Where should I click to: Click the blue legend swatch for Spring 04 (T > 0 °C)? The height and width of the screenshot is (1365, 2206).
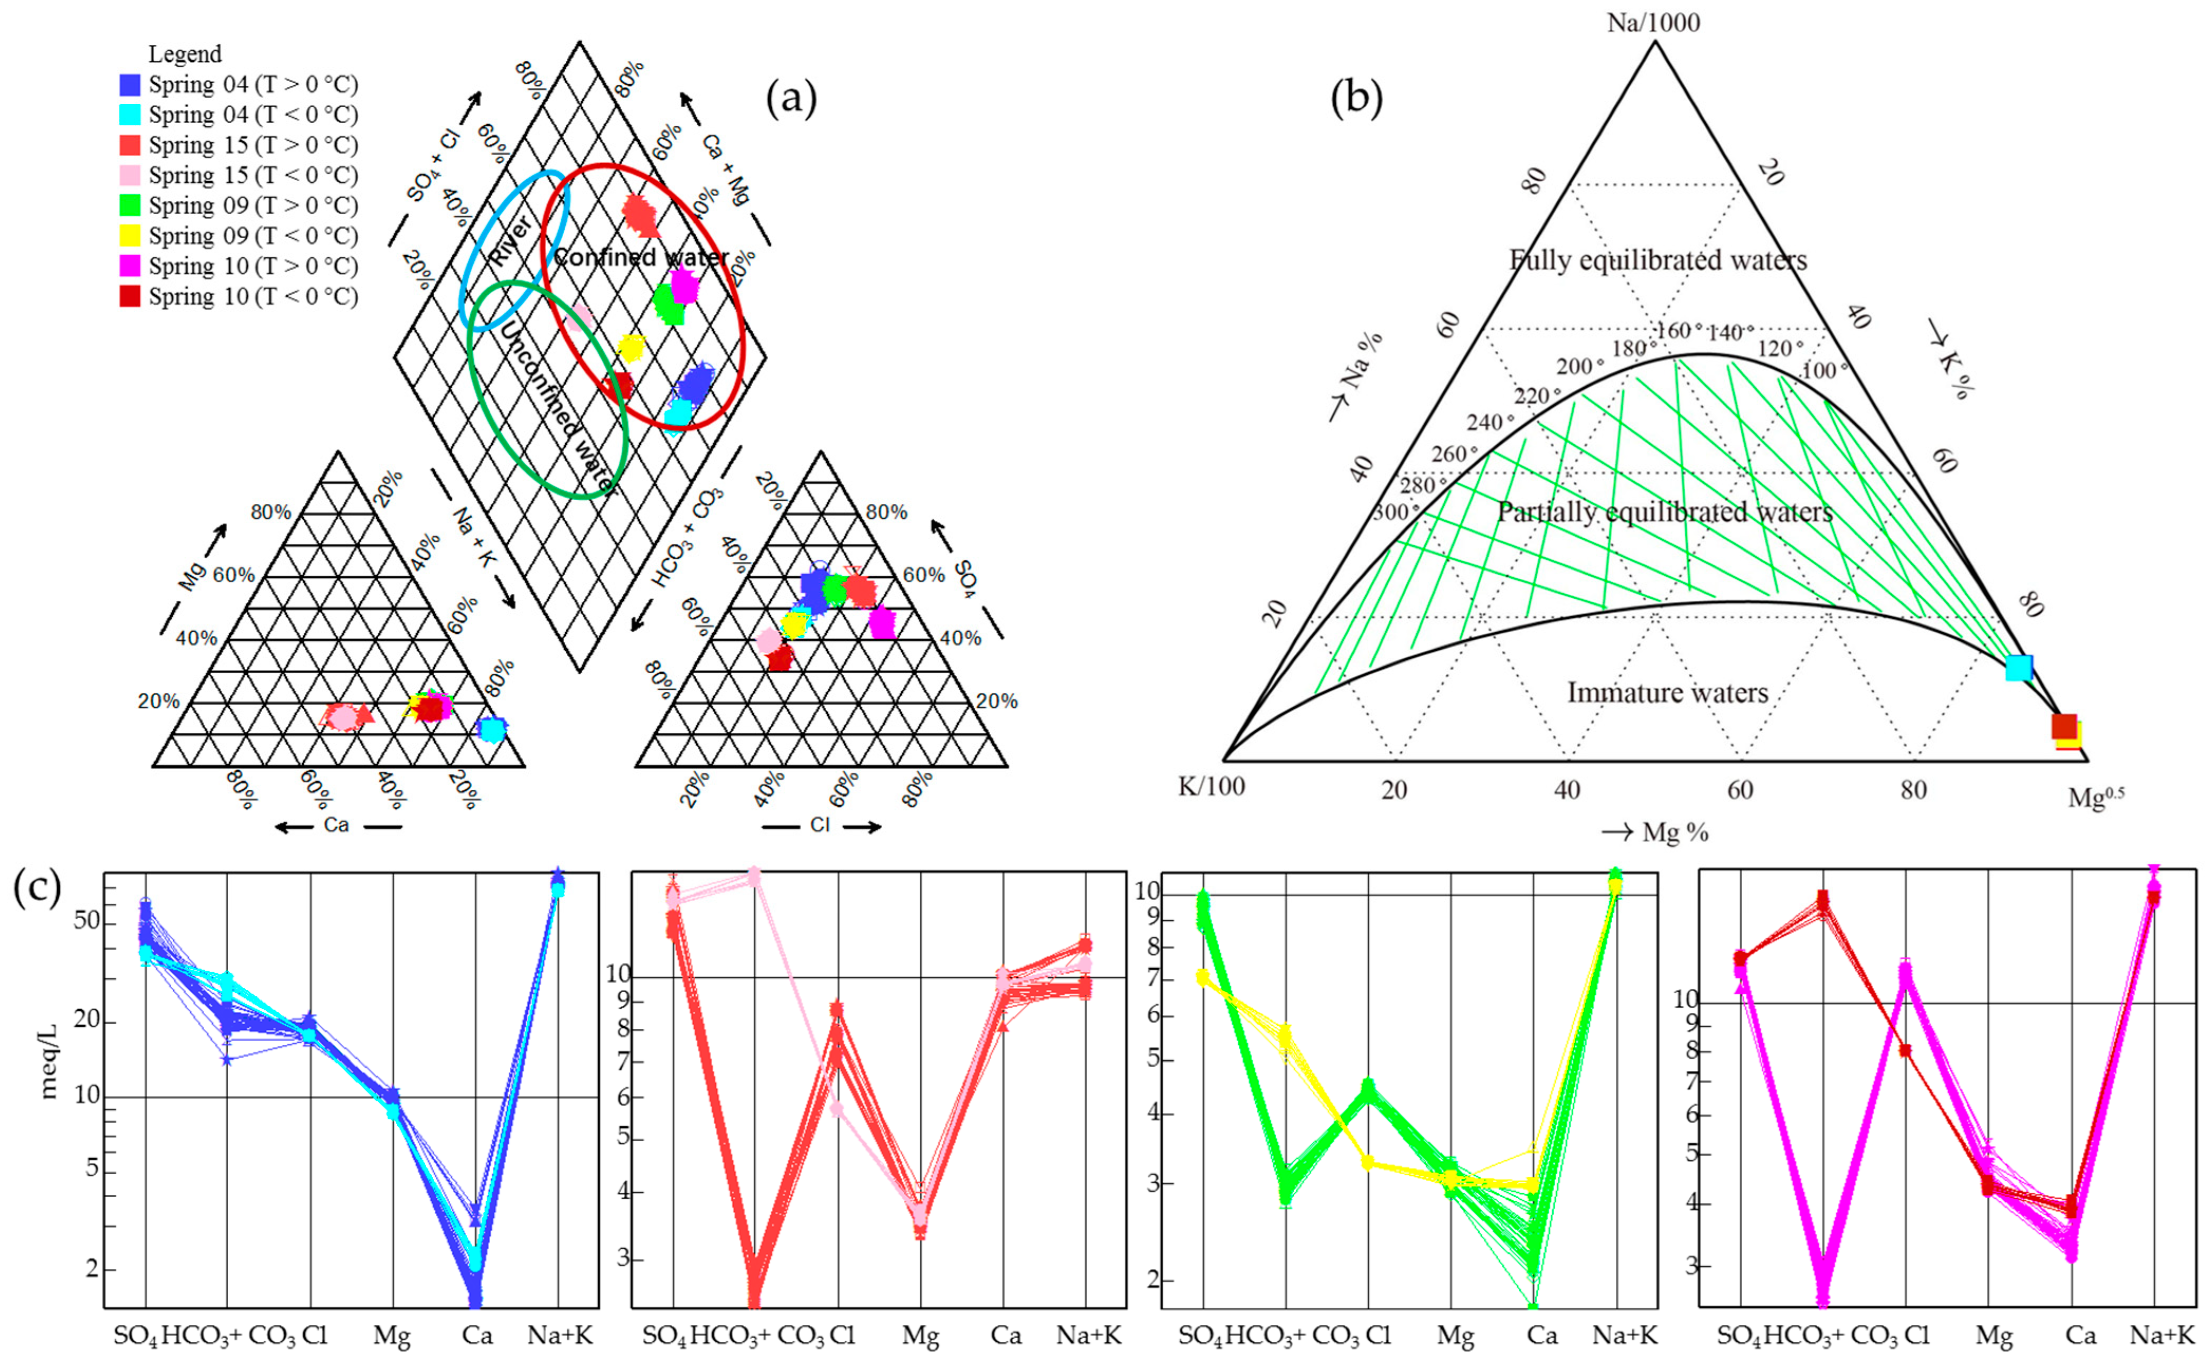coord(130,85)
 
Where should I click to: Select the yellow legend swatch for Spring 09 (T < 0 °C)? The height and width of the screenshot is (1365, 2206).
coord(130,236)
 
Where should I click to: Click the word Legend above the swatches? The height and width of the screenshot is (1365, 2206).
coord(184,54)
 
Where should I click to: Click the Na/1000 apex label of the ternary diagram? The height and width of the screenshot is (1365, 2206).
coord(1653,23)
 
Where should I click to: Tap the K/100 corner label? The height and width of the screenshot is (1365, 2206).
coord(1211,787)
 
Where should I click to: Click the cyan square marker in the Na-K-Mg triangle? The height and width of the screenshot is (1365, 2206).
coord(2018,668)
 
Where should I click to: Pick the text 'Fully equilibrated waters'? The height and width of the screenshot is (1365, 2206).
coord(1658,261)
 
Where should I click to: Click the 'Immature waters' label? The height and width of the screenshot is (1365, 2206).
coord(1667,693)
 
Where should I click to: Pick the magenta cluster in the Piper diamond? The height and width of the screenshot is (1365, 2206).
coord(684,287)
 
